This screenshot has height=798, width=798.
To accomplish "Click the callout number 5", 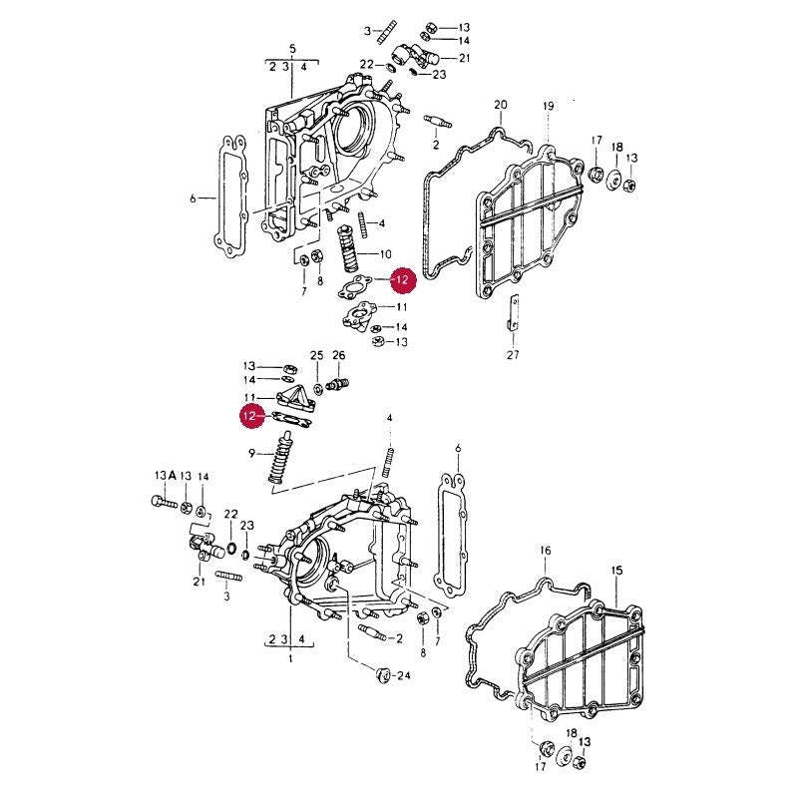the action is (292, 49).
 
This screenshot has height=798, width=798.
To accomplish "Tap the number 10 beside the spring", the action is (385, 254).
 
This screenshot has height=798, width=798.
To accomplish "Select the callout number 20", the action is (501, 105).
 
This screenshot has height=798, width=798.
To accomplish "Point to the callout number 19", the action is (548, 107).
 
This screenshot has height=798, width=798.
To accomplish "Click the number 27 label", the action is (513, 354).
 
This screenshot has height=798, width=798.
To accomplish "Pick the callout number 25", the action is (316, 355).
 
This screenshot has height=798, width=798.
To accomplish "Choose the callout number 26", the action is (338, 355).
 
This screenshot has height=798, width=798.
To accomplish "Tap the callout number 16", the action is (545, 551).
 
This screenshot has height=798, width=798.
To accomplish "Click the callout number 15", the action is (616, 571).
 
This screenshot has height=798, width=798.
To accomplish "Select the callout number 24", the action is (403, 676).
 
